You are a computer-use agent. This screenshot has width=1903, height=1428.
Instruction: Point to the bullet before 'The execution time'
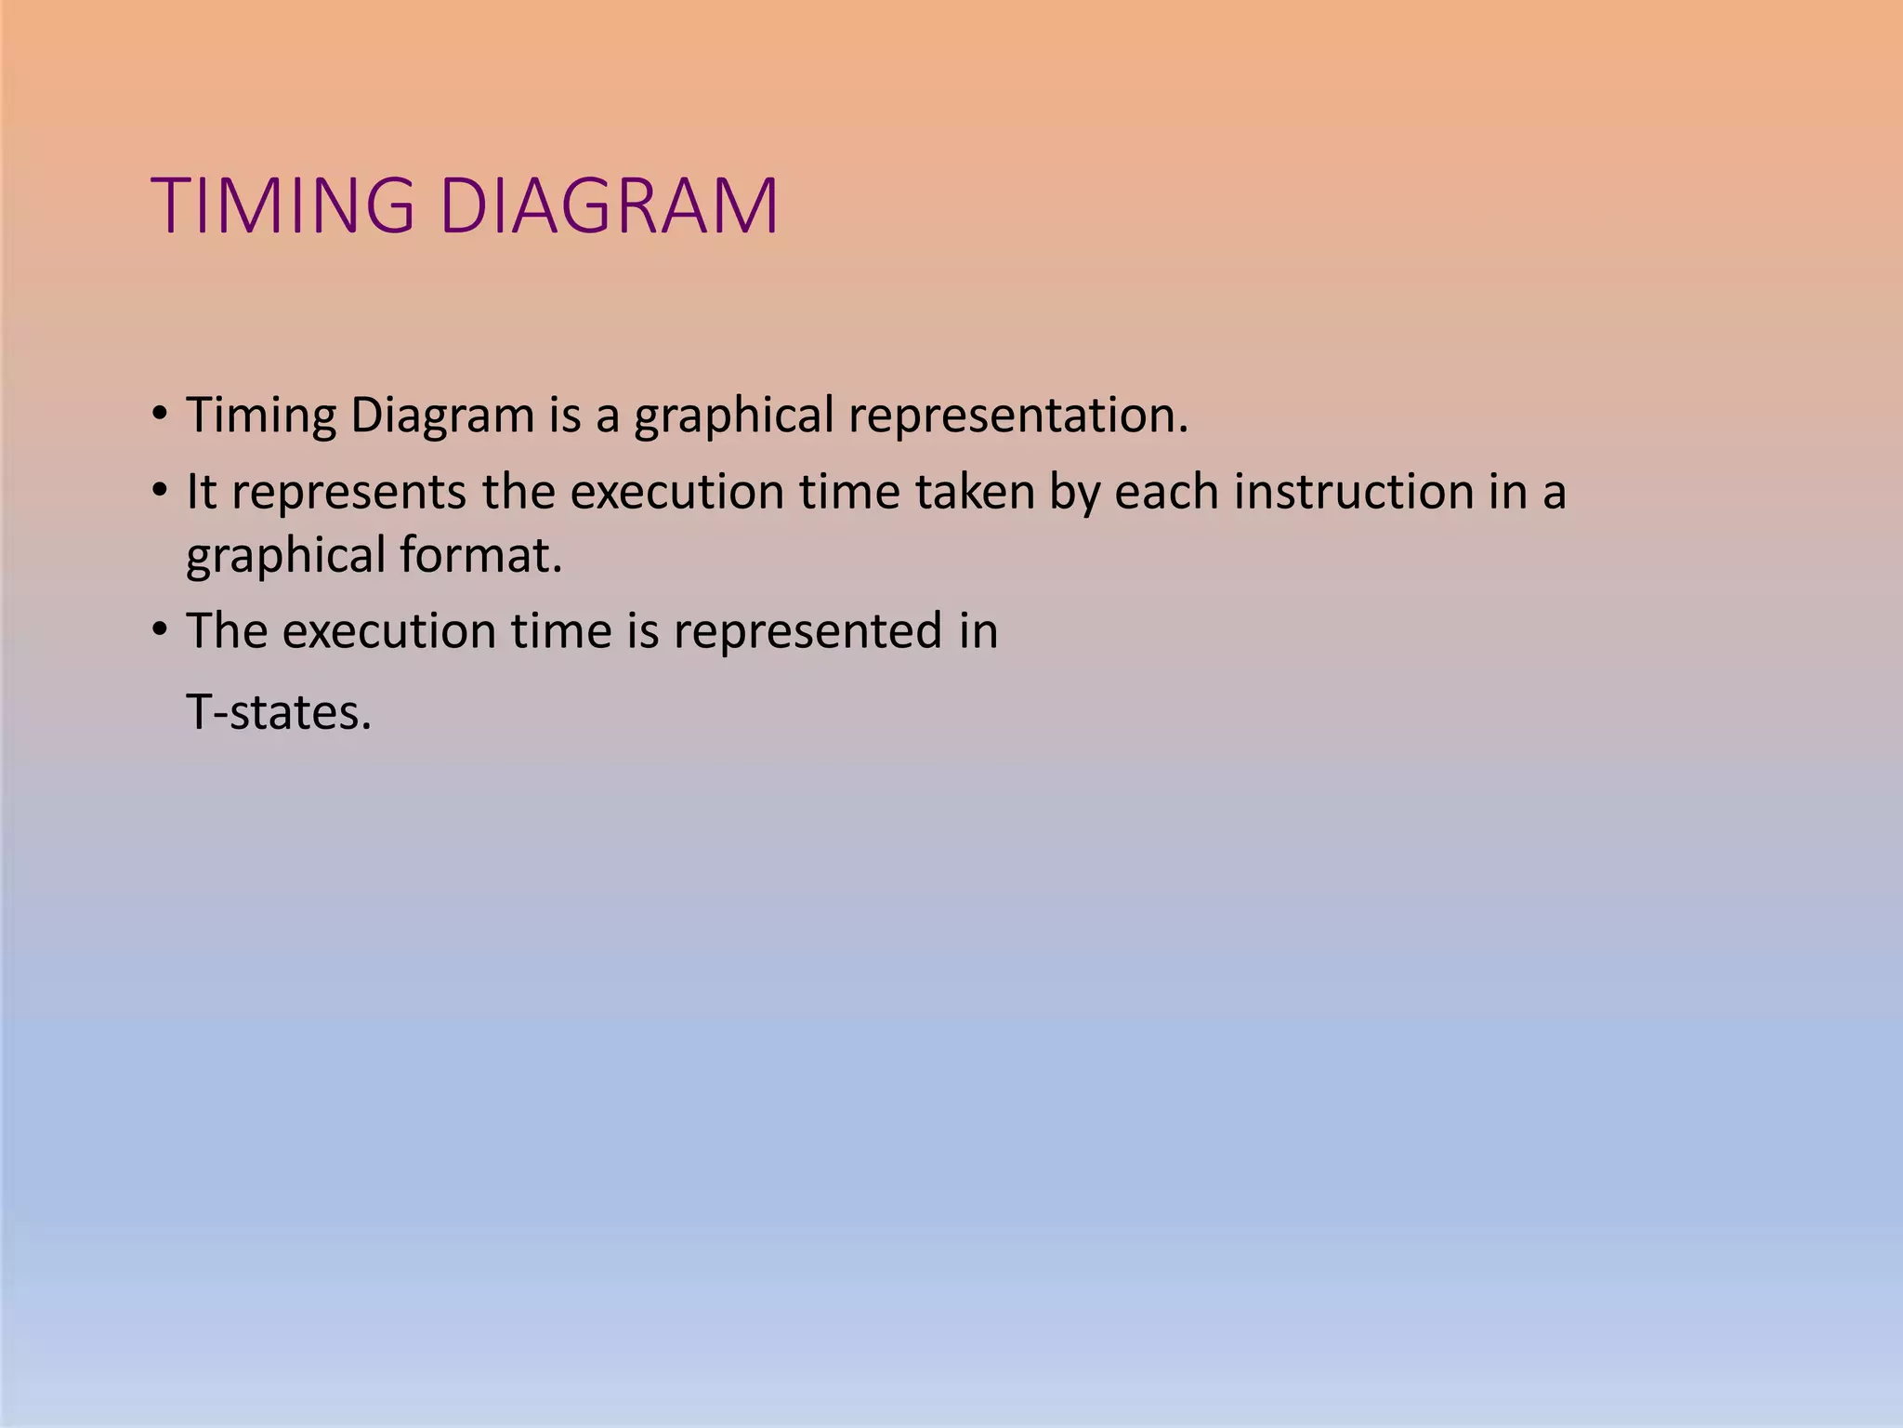[x=160, y=629]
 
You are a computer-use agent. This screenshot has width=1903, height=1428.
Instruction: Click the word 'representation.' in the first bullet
[x=1018, y=416]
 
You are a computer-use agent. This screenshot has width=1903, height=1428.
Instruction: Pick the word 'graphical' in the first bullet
[x=734, y=416]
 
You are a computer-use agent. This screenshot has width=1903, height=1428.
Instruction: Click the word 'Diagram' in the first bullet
[x=442, y=416]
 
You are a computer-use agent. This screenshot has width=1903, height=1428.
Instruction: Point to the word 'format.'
[x=481, y=555]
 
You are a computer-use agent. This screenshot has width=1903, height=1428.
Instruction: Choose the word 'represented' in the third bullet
[x=807, y=631]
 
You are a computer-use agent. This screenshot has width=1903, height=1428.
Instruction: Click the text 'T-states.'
[x=279, y=713]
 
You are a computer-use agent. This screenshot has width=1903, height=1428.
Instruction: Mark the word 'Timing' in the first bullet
[x=261, y=416]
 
